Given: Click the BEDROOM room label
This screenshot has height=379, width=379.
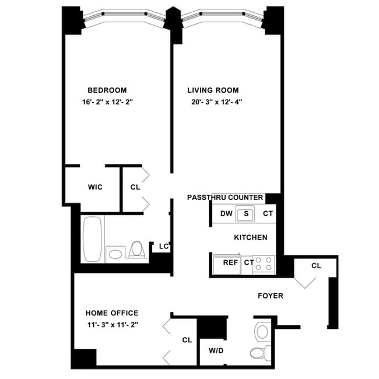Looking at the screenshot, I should point(107,90).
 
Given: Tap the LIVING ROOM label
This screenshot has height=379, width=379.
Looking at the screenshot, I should point(213,90).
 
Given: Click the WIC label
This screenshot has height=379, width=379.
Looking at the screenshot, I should point(95,187).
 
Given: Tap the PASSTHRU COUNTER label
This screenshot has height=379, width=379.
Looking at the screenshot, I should point(225,198).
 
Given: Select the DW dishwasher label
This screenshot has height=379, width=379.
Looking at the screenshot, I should point(226,213).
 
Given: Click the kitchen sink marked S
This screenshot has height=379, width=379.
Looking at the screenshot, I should point(246,213).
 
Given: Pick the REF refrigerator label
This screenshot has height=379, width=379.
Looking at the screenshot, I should point(230,262).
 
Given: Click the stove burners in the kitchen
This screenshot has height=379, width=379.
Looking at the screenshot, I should point(264,263).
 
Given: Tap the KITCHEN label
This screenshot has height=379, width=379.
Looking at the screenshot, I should point(251,237).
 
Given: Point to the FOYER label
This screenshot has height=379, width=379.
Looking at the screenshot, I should point(271,296).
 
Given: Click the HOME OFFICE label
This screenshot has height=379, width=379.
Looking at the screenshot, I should point(112,313).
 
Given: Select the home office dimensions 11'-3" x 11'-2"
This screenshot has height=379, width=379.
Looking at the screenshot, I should point(112,325).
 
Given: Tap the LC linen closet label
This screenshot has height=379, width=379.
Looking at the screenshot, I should point(164,247).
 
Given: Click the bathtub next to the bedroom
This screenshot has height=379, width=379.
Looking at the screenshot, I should point(92,239).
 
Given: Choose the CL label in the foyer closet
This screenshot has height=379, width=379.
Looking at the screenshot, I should point(316,266).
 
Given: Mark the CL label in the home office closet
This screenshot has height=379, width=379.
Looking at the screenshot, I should point(187,339).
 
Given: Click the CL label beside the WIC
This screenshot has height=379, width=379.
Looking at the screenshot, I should point(135,187).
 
